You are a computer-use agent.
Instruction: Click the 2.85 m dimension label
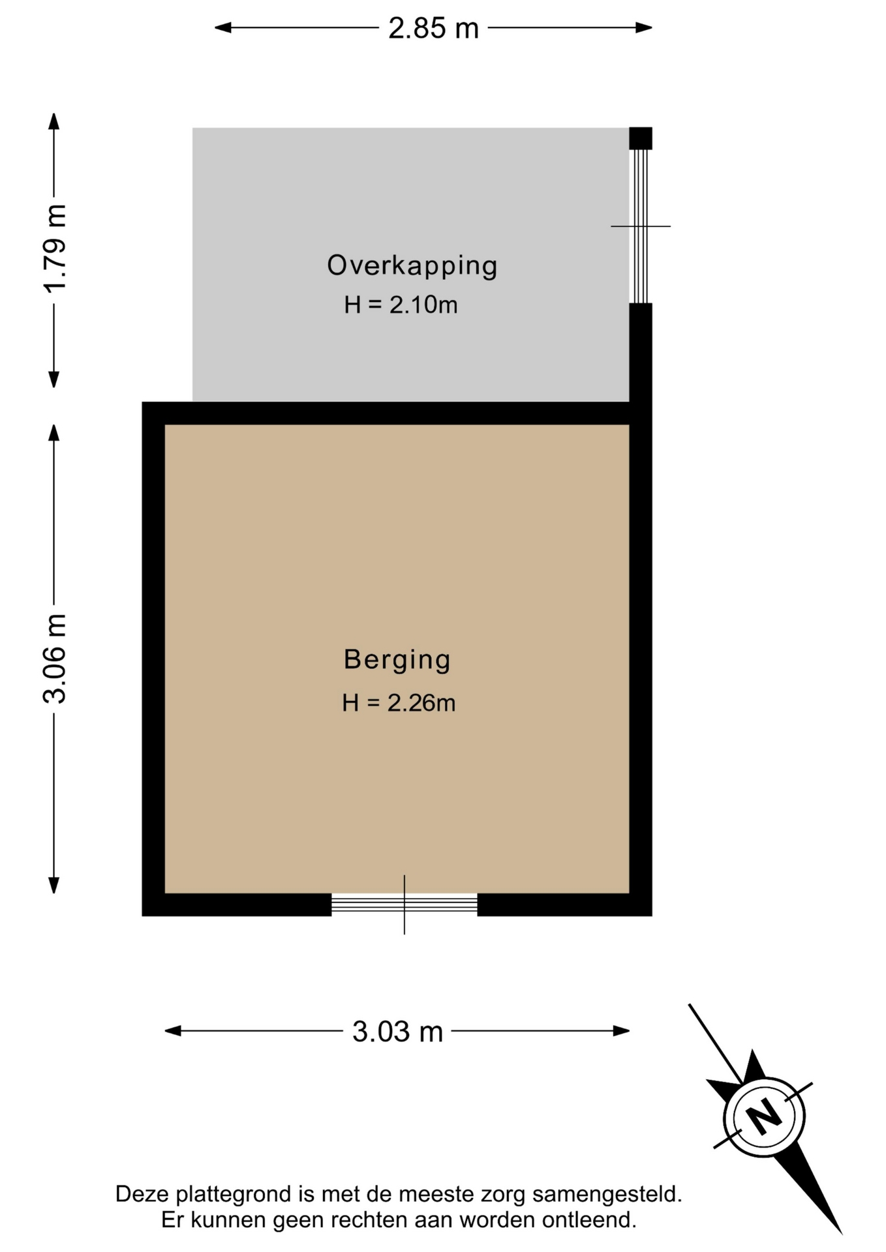pos(433,29)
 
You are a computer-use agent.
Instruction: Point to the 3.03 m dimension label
pos(397,1032)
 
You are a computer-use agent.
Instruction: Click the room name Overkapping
pos(412,266)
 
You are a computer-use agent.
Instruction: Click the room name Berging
pos(397,660)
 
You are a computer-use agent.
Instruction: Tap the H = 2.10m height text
pos(401,305)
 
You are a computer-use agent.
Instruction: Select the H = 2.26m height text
pos(399,703)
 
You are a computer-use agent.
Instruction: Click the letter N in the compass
pos(764,1116)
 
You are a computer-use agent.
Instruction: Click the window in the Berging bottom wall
pos(405,904)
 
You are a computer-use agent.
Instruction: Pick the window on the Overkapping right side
pos(641,226)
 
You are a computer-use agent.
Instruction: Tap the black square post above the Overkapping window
pos(641,138)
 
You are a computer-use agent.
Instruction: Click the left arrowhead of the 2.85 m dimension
pos(223,27)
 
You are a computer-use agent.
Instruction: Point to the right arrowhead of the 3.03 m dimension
pos(621,1031)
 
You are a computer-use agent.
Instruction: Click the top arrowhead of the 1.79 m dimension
pos(54,121)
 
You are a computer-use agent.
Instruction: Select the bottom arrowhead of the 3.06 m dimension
pos(54,885)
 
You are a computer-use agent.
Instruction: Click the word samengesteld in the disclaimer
pos(607,1195)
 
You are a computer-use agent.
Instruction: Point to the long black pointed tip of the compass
pos(842,1234)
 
